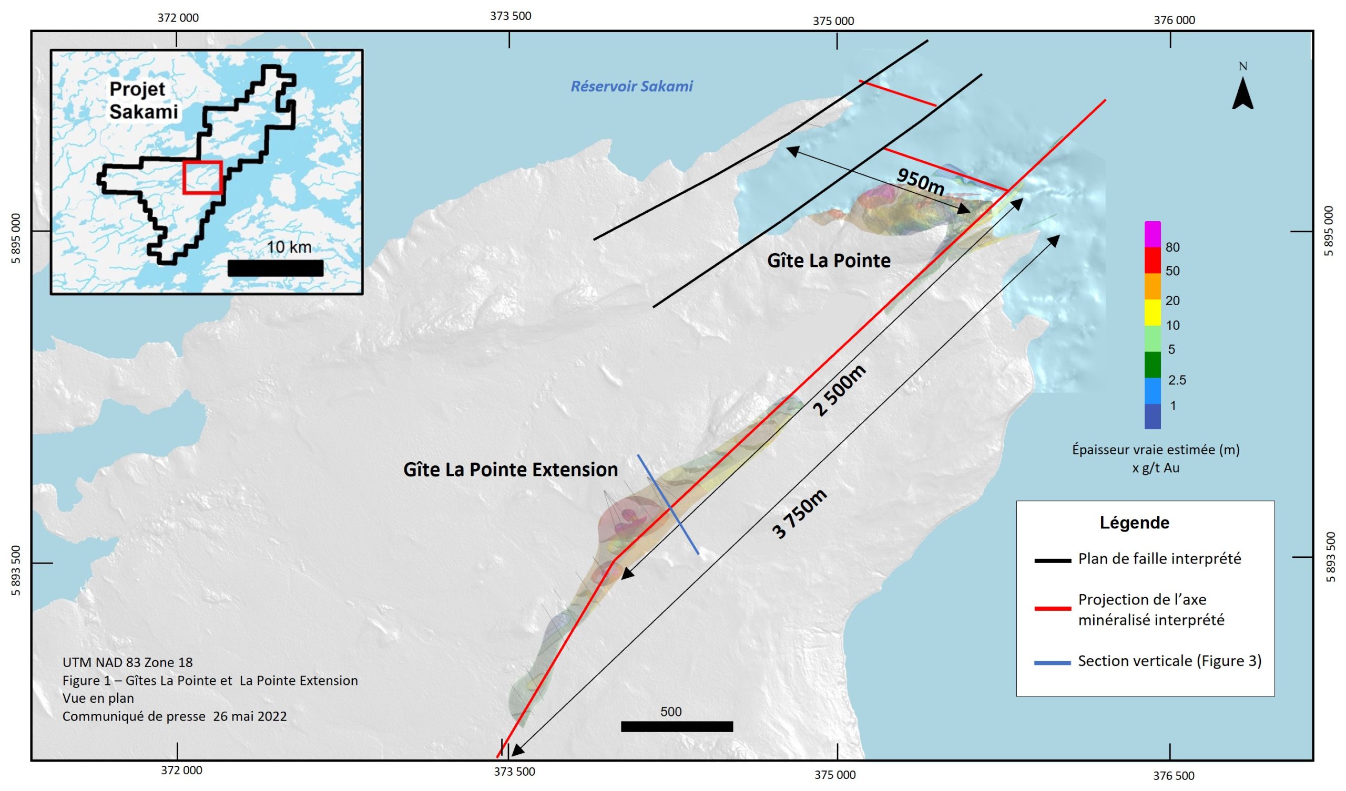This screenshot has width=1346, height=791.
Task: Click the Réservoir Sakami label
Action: tap(631, 87)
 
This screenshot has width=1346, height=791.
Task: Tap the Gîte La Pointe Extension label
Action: tap(510, 470)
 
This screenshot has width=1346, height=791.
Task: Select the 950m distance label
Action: tap(920, 180)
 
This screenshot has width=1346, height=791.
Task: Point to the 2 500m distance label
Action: tap(839, 390)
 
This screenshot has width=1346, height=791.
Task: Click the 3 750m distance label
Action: tap(800, 514)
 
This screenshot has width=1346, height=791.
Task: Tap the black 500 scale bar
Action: tap(677, 726)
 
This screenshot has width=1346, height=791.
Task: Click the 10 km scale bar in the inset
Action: tap(275, 268)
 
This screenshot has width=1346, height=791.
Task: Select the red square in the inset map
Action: tap(202, 177)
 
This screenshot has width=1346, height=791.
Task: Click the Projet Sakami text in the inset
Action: tap(143, 100)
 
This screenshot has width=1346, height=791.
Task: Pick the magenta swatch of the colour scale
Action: tap(1153, 234)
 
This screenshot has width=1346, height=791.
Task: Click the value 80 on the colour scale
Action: tap(1172, 247)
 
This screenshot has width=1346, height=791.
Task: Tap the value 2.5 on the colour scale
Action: tap(1177, 380)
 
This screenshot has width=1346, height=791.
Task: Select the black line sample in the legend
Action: tap(1053, 561)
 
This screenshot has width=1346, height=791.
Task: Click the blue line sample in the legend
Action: tap(1053, 663)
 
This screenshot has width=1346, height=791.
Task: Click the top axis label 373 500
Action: tap(511, 16)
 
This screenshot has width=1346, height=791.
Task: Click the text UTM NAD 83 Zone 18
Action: tap(127, 662)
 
